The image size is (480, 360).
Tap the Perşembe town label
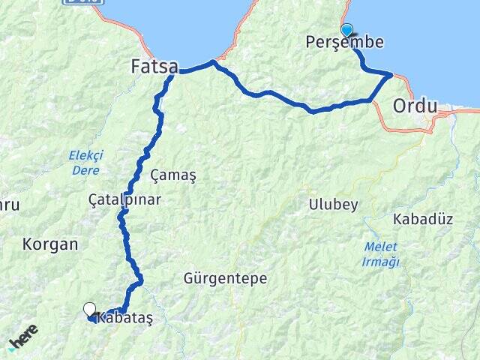click(344, 43)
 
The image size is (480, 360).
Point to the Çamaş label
click(173, 175)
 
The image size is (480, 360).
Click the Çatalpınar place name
click(124, 200)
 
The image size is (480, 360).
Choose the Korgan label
click(50, 244)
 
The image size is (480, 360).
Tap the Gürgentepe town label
click(225, 278)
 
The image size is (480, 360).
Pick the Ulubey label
click(333, 205)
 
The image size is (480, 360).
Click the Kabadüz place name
click(424, 220)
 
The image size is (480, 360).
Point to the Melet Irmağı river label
click(381, 254)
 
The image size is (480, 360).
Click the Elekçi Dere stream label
click(85, 162)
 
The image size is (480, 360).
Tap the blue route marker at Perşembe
click(346, 29)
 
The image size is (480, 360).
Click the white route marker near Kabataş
click(90, 308)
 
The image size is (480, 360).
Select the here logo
click(23, 338)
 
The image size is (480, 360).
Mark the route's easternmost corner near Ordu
click(390, 74)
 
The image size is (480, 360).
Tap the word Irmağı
click(381, 262)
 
